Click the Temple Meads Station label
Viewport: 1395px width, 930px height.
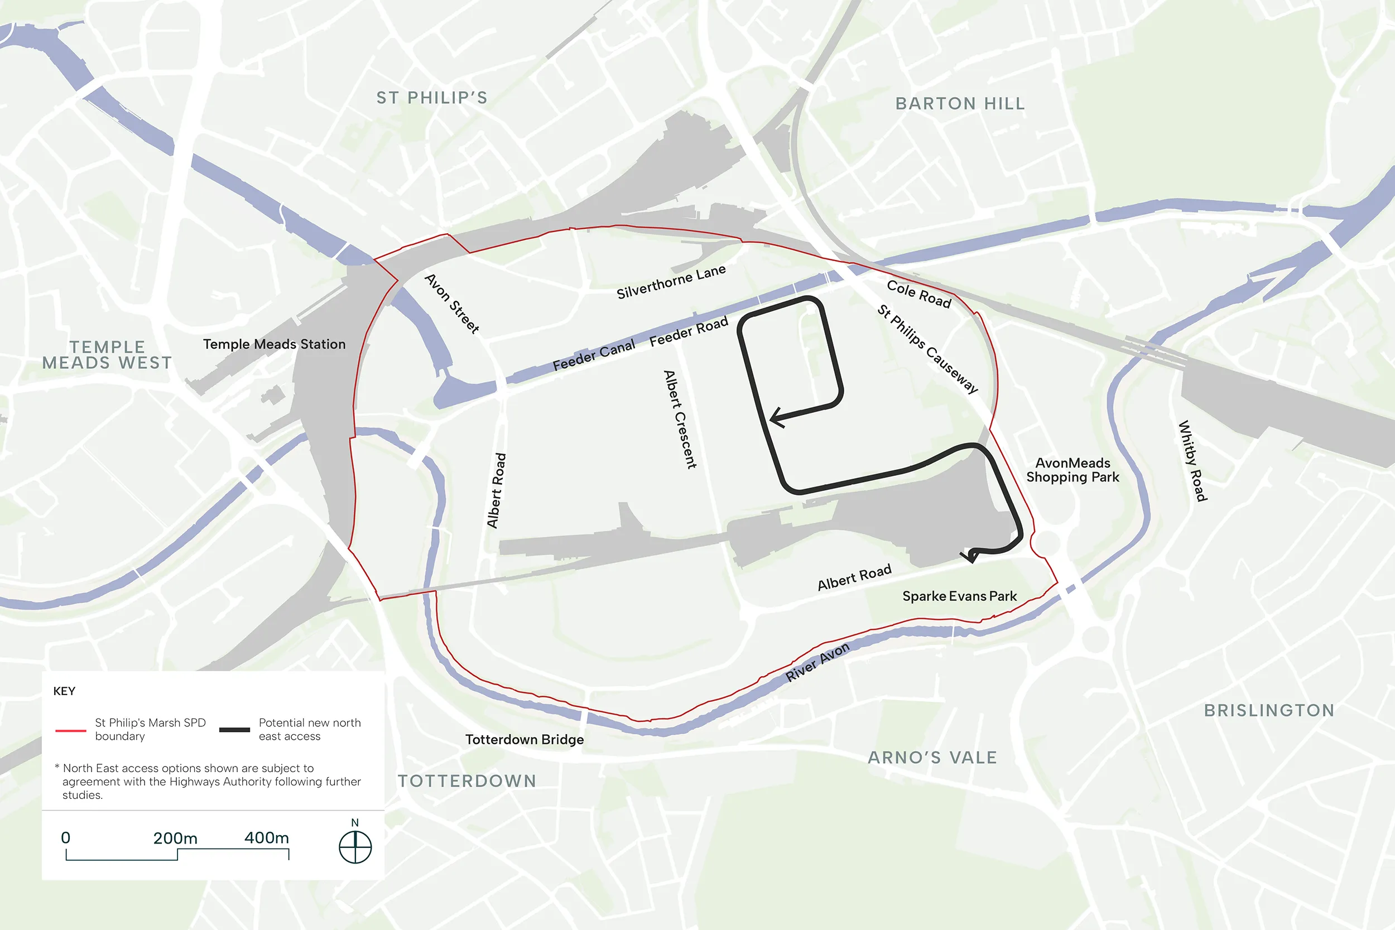(x=274, y=344)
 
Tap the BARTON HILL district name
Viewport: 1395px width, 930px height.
(x=960, y=104)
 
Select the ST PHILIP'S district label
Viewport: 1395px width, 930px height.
(x=432, y=98)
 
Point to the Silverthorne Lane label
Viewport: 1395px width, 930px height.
(x=671, y=282)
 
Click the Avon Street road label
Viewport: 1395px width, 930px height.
(x=452, y=303)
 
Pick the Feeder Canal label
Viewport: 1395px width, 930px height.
(x=593, y=355)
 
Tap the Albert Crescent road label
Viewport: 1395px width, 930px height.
(x=680, y=420)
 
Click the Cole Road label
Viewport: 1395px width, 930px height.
(x=918, y=294)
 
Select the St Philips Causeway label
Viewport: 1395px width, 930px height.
(x=927, y=349)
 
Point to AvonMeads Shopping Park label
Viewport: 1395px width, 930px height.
(x=1072, y=470)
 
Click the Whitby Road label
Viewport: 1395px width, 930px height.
(x=1192, y=461)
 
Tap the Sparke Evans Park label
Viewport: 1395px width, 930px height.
(x=959, y=596)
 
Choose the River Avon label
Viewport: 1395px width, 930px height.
(x=817, y=662)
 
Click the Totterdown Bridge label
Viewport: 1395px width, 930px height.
(x=525, y=740)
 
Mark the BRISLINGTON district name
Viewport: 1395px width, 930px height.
(x=1269, y=710)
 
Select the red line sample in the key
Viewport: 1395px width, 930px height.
(x=70, y=730)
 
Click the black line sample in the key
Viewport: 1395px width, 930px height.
(x=234, y=730)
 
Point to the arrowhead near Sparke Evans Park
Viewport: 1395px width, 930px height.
(x=970, y=556)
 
